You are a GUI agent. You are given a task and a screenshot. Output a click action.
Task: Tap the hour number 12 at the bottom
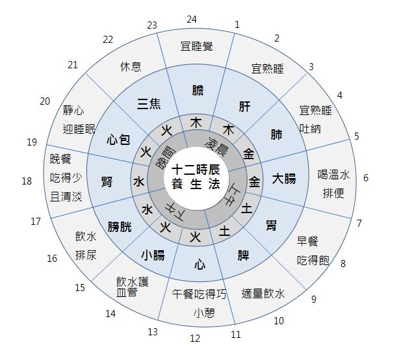pyautogui.click(x=195, y=337)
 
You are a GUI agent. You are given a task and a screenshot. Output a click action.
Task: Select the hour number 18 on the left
pyautogui.click(x=27, y=181)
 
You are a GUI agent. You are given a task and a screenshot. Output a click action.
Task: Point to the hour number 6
pyautogui.click(x=366, y=177)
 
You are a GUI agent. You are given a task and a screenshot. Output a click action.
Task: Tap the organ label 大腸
pyautogui.click(x=284, y=177)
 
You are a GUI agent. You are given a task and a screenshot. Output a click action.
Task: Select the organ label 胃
pyautogui.click(x=271, y=225)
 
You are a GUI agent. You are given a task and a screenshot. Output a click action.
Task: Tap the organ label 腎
pyautogui.click(x=107, y=181)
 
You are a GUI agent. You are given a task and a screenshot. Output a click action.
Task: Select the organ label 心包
pyautogui.click(x=119, y=138)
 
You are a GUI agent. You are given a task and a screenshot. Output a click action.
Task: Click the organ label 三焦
pyautogui.click(x=149, y=103)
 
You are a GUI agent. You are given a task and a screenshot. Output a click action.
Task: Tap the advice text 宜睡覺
pyautogui.click(x=196, y=46)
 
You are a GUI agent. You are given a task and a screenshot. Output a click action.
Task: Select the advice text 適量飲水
pyautogui.click(x=263, y=293)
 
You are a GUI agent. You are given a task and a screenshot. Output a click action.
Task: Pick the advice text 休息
pyautogui.click(x=131, y=66)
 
